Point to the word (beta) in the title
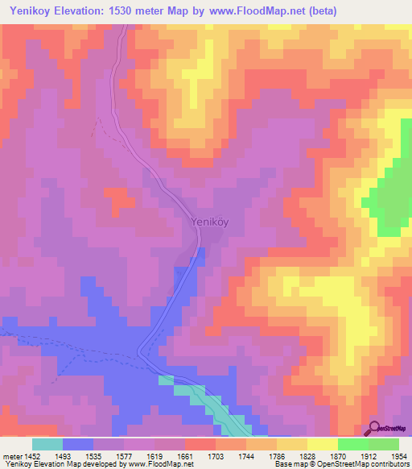point(320,10)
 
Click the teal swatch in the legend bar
point(47,444)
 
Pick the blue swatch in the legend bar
point(78,444)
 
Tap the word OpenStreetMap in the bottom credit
point(357,464)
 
